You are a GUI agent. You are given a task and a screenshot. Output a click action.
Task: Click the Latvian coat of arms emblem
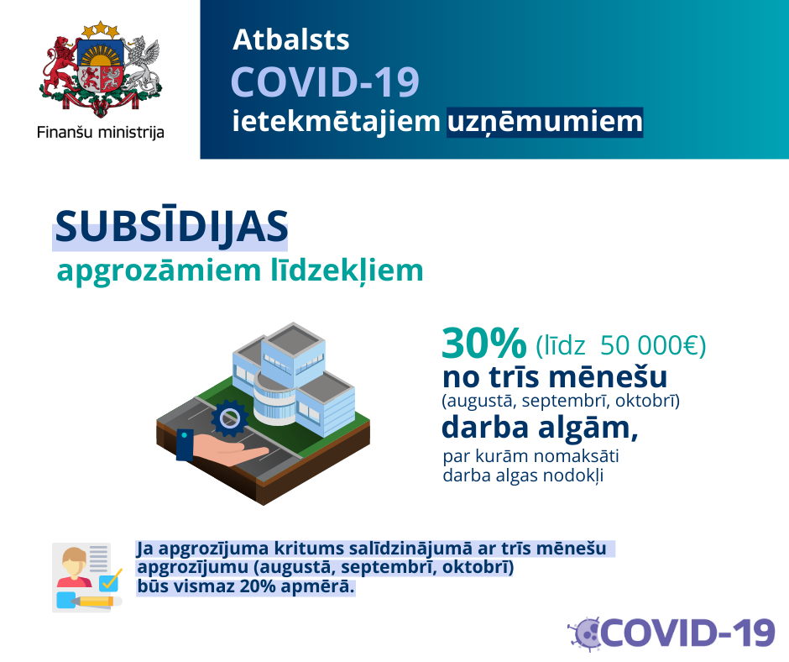(x=101, y=69)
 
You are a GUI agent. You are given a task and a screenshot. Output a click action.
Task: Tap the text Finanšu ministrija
(x=101, y=133)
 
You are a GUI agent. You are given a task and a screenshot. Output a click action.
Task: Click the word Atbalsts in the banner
(x=291, y=39)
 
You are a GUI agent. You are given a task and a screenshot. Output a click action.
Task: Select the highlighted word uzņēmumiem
(x=545, y=122)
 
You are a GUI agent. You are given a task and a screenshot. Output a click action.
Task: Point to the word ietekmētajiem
(x=336, y=122)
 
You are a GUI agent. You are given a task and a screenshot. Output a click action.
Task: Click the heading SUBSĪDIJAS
(x=171, y=227)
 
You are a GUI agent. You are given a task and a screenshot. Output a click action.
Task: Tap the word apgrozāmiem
(x=159, y=272)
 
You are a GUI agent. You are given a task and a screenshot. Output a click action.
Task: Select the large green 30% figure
(x=484, y=344)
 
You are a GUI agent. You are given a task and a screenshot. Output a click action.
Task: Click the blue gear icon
(x=230, y=418)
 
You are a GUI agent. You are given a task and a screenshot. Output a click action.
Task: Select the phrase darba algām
(x=540, y=428)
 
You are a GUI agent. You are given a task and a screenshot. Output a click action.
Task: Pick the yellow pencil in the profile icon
(x=97, y=601)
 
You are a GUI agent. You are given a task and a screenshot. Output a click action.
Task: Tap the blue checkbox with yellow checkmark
(x=110, y=581)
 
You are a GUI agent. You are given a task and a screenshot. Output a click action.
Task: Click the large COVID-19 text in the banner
(x=325, y=82)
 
